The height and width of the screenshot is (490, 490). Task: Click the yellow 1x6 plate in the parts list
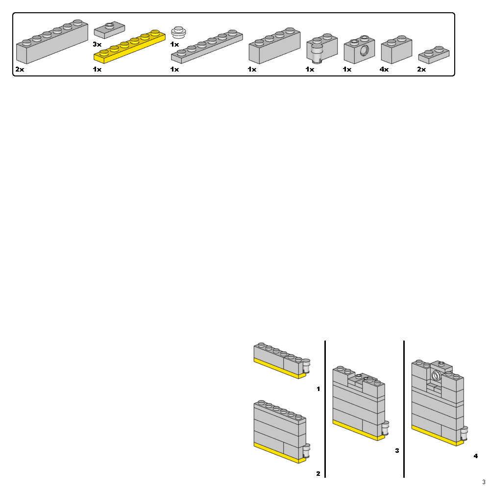point(129,47)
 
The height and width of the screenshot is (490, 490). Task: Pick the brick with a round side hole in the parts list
point(360,50)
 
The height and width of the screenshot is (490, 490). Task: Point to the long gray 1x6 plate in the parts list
point(207,48)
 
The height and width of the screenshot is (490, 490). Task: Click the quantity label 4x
point(384,70)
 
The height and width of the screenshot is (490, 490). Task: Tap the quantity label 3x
point(97,44)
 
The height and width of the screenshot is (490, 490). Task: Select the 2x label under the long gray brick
point(20,70)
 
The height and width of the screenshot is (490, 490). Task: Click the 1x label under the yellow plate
point(97,70)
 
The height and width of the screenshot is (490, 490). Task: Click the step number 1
point(318,389)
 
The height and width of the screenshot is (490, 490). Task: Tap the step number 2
point(318,474)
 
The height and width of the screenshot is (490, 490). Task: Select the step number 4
point(475,456)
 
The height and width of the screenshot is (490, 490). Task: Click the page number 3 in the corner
point(484,482)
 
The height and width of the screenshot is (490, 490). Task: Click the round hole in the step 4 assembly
point(436,376)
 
